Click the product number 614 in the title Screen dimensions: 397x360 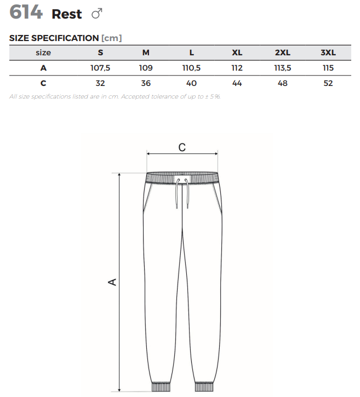pos(26,12)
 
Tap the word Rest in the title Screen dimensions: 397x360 pos(67,14)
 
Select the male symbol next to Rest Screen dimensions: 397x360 pos(97,14)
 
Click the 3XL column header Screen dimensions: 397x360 pos(328,53)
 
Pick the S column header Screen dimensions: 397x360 pos(100,53)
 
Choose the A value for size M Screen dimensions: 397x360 pos(146,68)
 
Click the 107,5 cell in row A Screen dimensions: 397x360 pos(100,68)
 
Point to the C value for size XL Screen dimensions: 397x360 pos(237,83)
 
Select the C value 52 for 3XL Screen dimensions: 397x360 pos(328,83)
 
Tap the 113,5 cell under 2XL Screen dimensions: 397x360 pos(283,68)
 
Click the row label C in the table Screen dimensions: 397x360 pos(43,83)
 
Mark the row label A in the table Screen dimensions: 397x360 pos(43,68)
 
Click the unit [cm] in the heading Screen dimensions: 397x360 pos(112,38)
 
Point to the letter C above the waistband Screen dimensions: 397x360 pos(182,147)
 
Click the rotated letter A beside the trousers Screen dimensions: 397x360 pos(112,282)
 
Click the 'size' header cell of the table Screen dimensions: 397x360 pos(43,53)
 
